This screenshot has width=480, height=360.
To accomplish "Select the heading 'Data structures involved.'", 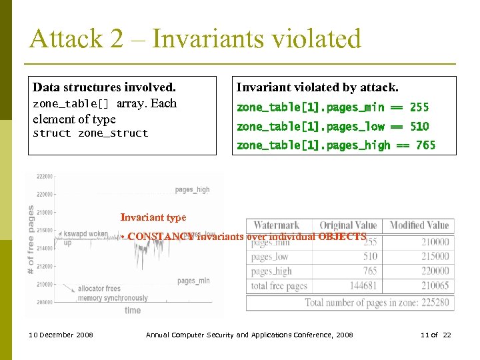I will coord(104,87).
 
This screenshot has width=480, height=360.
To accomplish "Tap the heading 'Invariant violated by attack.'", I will coord(317,87).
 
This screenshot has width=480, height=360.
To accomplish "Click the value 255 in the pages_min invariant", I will coord(419,107).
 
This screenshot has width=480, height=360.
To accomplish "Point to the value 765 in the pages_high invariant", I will coord(425,145).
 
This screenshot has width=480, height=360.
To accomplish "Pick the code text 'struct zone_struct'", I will coord(91,133).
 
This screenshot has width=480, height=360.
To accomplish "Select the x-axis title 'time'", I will coord(133,310).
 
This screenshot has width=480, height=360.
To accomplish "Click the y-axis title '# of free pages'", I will coord(31,239).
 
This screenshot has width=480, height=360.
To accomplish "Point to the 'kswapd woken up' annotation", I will coord(84,238).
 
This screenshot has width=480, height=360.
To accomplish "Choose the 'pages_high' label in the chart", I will coord(192,190).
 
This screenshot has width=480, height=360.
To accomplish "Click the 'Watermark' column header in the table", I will coord(276,225).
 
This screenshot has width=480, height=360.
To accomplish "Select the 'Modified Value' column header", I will coord(419,225).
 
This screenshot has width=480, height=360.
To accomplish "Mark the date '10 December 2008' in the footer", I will coord(61,335).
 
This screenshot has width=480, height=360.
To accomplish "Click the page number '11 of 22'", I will coord(437,335).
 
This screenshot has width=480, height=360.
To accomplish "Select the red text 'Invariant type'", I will coord(153,217).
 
